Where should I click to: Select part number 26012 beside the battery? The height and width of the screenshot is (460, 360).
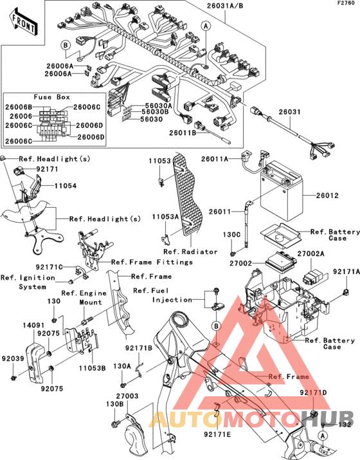point(327,196)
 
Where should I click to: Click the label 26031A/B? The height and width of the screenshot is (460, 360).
point(225,6)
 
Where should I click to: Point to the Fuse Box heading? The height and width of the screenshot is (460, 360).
point(52,97)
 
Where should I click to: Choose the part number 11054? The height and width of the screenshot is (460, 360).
point(66,186)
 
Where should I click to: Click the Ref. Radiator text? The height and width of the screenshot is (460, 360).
point(190,252)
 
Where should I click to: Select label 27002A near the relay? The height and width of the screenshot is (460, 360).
point(310,253)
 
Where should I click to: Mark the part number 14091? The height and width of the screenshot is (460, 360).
point(33,326)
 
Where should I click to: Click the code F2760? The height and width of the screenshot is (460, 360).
point(346,3)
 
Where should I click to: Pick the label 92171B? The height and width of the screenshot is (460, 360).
point(139,348)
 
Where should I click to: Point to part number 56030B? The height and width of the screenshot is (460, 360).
point(155,112)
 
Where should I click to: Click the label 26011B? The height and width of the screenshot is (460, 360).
point(183,133)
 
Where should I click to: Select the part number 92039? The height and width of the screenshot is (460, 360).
point(13,359)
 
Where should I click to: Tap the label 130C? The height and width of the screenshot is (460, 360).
point(231,235)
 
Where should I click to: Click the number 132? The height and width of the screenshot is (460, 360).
point(345,425)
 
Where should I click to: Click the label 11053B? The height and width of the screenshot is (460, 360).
point(92,368)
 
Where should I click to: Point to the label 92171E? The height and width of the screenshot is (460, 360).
point(217,434)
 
